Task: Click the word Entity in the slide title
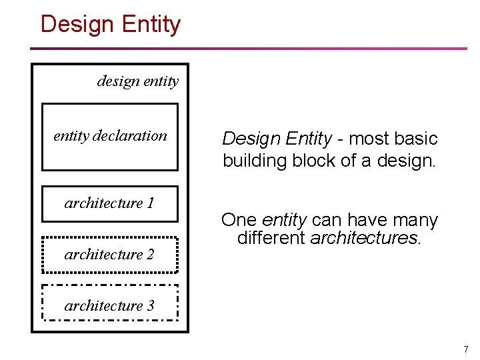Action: (151, 25)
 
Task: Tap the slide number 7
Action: (466, 349)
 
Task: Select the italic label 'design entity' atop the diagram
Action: (137, 81)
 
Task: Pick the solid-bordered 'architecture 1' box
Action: (110, 203)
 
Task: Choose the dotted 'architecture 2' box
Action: (110, 255)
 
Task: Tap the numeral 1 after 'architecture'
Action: (150, 203)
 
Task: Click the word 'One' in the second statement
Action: (239, 220)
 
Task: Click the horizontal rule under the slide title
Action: (248, 49)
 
